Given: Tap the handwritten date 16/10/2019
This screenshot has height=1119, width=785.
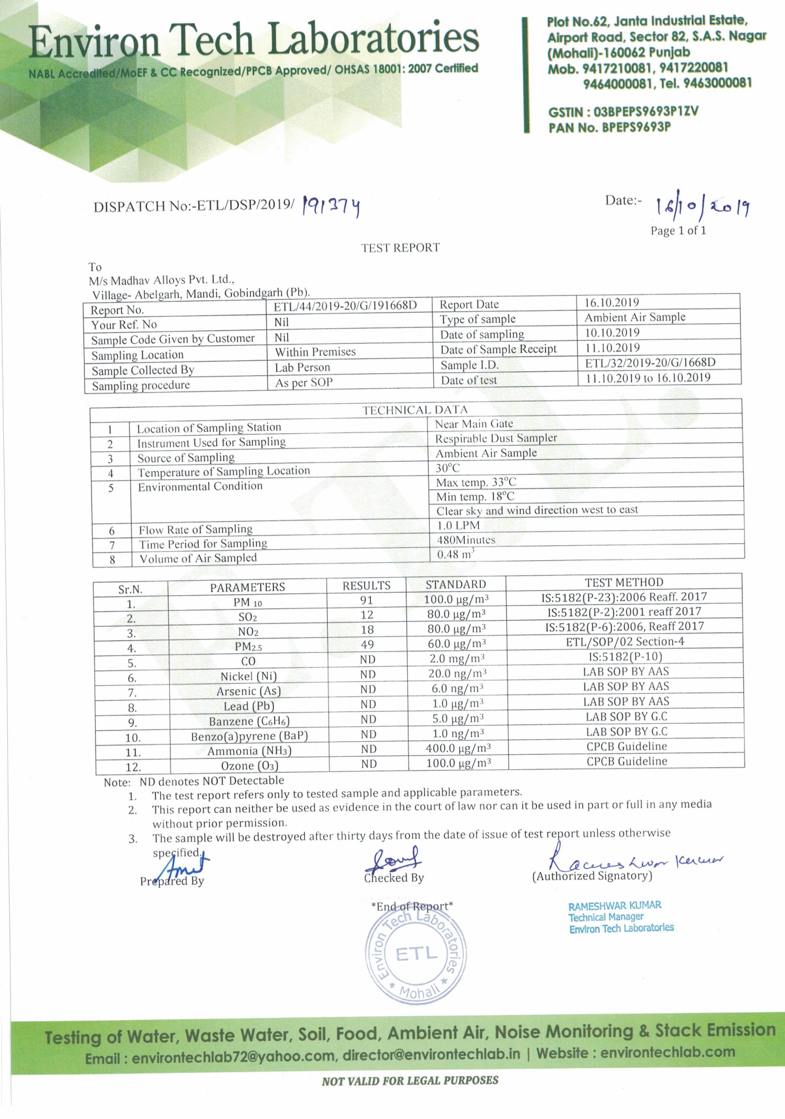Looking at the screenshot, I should (702, 206).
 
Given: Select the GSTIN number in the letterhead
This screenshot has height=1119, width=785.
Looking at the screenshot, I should (623, 111).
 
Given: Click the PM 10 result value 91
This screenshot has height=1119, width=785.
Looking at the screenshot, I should (367, 600).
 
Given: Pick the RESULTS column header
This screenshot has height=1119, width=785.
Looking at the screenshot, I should (366, 586).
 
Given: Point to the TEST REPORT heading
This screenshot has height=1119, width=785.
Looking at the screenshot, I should (401, 248).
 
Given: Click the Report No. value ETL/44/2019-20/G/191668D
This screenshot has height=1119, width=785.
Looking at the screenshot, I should (345, 306).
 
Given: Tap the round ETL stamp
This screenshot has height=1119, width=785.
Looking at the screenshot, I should (416, 955).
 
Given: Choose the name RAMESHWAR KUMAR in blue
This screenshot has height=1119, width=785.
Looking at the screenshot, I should (614, 906).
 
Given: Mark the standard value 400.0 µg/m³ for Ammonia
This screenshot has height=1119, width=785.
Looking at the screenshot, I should (458, 748).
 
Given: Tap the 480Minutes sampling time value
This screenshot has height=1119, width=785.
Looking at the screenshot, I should (466, 540).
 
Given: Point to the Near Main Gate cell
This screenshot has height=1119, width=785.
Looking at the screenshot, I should (474, 423).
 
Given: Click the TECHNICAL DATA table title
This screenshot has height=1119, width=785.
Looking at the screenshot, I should (415, 410).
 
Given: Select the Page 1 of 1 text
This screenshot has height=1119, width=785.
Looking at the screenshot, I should (678, 231).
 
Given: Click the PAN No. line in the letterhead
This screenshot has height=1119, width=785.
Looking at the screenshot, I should (609, 127).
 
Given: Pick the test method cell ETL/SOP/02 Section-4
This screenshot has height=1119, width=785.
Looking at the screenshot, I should (624, 642).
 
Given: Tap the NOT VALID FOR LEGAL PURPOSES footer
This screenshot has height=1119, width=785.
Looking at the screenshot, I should (410, 1081).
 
